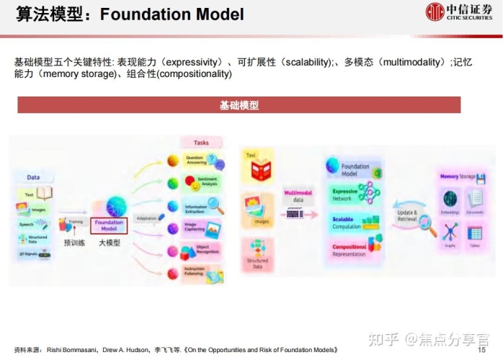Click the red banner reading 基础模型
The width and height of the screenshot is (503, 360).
(239, 105)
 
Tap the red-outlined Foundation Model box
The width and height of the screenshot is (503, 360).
(109, 225)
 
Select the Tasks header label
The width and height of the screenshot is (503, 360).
(201, 143)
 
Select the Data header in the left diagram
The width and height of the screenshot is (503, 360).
(33, 177)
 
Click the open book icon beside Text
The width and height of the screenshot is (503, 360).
(45, 193)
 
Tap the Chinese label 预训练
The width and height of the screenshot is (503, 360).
(74, 243)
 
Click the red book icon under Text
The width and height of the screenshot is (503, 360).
(260, 170)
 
